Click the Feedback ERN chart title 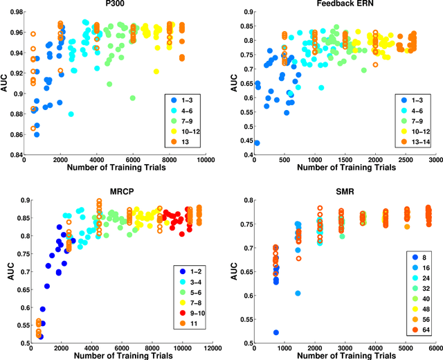(x=345, y=6)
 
